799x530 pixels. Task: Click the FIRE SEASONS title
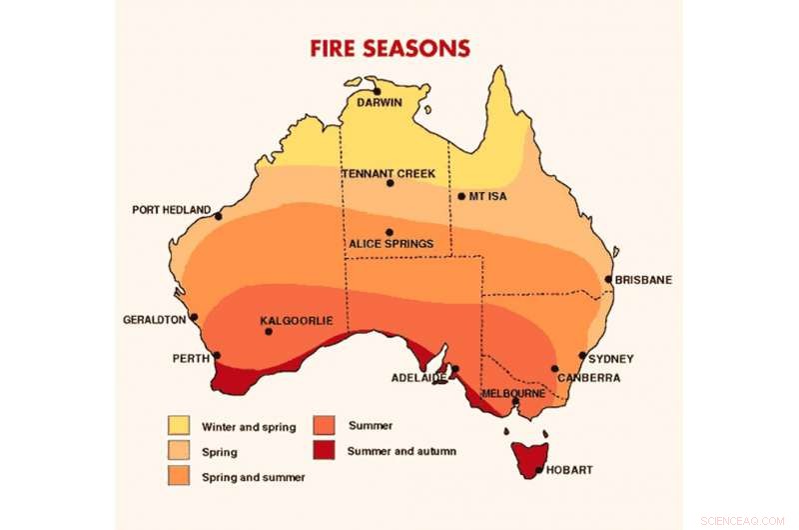pos(391,48)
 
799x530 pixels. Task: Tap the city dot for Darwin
pos(377,91)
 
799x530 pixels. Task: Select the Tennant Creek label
pos(389,173)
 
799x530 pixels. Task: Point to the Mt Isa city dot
pos(461,196)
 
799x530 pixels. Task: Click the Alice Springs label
pos(391,243)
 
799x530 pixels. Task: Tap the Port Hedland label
pos(171,210)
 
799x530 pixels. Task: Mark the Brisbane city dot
pos(608,280)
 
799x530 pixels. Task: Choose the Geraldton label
pos(154,320)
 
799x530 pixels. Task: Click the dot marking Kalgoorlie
pos(268,331)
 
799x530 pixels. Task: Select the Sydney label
pos(611,358)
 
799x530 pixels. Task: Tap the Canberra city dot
pos(555,369)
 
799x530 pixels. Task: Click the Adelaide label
pos(417,378)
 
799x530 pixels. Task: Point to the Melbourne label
pos(513,393)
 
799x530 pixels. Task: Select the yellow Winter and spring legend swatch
pos(179,425)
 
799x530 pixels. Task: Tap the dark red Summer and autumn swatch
pos(325,450)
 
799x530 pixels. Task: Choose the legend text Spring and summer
pos(253,477)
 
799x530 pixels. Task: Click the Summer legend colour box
pos(325,424)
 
